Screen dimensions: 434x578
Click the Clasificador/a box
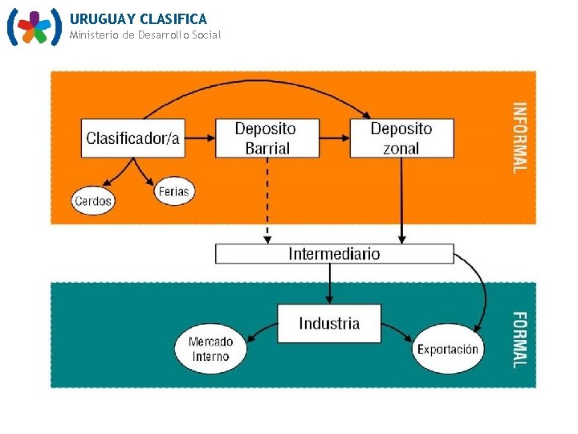point(132,138)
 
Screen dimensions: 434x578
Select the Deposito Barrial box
point(266,138)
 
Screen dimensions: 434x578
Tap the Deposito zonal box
point(401,138)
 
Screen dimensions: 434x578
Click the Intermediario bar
point(334,254)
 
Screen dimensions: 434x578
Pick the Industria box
point(329,323)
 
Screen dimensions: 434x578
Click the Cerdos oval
point(93,201)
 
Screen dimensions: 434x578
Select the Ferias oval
point(173,191)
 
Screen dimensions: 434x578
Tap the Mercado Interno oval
point(210,350)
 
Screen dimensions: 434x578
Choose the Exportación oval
point(447,350)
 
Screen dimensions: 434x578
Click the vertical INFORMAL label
point(520,137)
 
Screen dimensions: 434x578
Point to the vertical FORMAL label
point(520,339)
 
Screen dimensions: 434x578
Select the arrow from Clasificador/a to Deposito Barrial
point(199,138)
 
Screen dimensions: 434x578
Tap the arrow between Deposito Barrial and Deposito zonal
point(334,138)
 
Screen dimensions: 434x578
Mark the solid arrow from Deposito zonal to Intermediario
point(402,201)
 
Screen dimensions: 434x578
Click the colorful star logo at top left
point(34,27)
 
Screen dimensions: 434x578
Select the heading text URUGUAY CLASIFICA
point(138,18)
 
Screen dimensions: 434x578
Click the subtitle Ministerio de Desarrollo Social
point(144,35)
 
